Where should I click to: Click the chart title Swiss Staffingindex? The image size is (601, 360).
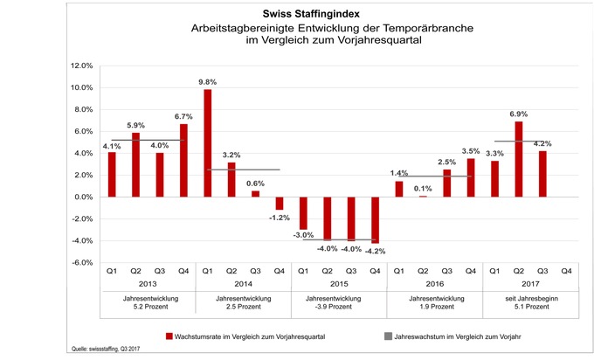click(311, 14)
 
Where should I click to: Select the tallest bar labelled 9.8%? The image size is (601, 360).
click(207, 143)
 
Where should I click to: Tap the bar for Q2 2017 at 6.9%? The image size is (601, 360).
click(519, 159)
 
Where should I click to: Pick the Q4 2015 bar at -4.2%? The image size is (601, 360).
click(376, 220)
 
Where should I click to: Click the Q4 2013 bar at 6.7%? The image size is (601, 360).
click(183, 160)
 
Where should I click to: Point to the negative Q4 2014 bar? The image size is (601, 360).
click(280, 204)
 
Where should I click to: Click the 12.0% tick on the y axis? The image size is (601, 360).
click(81, 66)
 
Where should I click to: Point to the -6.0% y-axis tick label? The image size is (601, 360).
click(81, 263)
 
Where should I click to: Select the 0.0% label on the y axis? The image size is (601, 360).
click(83, 197)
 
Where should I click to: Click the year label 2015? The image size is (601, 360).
click(339, 284)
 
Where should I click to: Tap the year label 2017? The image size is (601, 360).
click(530, 284)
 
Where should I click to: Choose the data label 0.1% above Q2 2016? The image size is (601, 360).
click(423, 189)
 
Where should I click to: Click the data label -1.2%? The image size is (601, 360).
click(280, 218)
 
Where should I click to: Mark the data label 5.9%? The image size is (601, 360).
click(136, 125)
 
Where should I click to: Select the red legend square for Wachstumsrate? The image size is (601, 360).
click(169, 336)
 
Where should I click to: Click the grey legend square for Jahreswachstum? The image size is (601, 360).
click(388, 336)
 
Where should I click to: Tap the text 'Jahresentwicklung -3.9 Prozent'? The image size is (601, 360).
click(333, 302)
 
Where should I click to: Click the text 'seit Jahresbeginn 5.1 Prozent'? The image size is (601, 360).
click(532, 302)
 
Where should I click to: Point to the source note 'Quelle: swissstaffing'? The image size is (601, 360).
click(106, 349)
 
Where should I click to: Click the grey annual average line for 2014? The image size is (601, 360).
click(244, 170)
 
